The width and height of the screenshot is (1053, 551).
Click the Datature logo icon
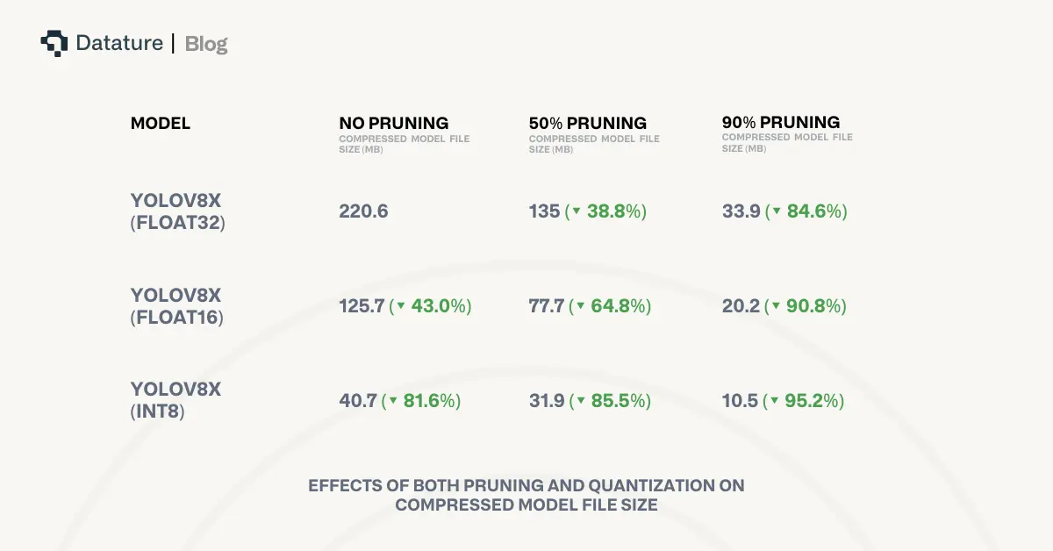[54, 43]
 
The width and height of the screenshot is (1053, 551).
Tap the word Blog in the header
[206, 43]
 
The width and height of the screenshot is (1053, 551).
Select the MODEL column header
[161, 124]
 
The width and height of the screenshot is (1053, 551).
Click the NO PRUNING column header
[394, 124]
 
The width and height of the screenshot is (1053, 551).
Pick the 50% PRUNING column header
[588, 124]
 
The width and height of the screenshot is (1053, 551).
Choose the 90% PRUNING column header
[781, 123]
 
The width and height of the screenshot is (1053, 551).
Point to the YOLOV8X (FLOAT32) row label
[178, 211]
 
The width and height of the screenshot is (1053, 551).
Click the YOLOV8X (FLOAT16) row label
[177, 306]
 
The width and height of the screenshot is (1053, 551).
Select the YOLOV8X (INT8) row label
[176, 401]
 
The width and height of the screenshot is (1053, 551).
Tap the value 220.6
[363, 211]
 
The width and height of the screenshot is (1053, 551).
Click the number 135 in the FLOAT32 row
[544, 211]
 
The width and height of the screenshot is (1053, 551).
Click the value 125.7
[362, 306]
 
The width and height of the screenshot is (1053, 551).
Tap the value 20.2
[741, 306]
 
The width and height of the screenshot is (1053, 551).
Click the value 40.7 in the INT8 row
[358, 401]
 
